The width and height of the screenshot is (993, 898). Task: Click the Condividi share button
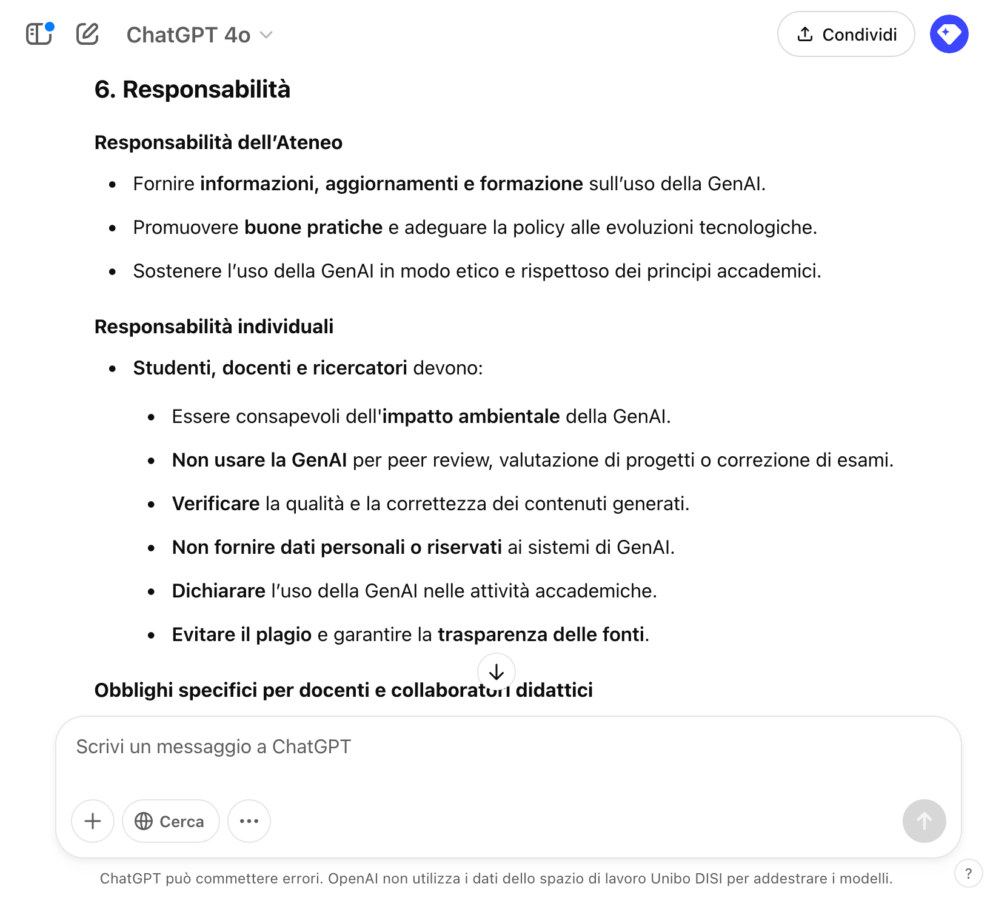point(846,35)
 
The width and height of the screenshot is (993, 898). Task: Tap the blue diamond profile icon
point(949,34)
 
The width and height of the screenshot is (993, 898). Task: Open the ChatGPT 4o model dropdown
point(199,35)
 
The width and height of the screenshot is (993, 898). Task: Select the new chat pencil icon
point(87,34)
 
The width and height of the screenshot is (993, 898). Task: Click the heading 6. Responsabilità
point(192,89)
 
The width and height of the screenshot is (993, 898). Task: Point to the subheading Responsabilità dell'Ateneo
point(218,142)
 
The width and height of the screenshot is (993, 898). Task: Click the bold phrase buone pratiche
point(313,227)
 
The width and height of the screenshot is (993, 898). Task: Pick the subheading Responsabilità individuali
point(214,327)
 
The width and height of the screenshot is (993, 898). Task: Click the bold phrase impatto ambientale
point(471,416)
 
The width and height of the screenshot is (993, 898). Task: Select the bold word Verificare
point(216,504)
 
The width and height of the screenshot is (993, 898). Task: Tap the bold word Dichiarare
point(218,591)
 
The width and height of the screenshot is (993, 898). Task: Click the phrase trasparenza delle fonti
point(541,634)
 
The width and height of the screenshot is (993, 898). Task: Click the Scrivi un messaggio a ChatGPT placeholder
point(213,747)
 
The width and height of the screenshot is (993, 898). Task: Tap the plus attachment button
point(93,821)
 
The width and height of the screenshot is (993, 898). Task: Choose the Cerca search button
point(170,821)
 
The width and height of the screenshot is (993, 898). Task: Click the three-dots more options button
point(249,821)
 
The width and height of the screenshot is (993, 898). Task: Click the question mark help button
point(968,873)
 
